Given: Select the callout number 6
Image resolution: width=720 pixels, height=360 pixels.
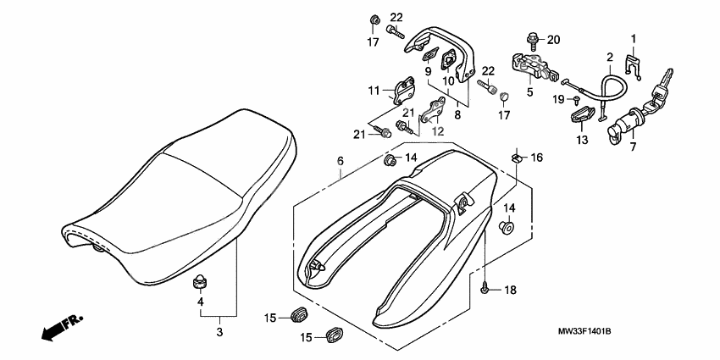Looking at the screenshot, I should [x=341, y=161].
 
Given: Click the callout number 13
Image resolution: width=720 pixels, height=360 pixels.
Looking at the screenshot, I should [x=582, y=140].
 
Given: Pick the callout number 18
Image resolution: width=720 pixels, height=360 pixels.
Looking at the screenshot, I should [x=509, y=290].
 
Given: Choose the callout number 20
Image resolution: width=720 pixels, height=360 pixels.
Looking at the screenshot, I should [x=553, y=40].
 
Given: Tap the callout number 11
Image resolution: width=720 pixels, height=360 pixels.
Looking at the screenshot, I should [x=374, y=90].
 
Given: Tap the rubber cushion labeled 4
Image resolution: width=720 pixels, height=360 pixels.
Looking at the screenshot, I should [x=201, y=280].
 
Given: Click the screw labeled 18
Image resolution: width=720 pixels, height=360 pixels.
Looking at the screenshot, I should [x=485, y=288].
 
